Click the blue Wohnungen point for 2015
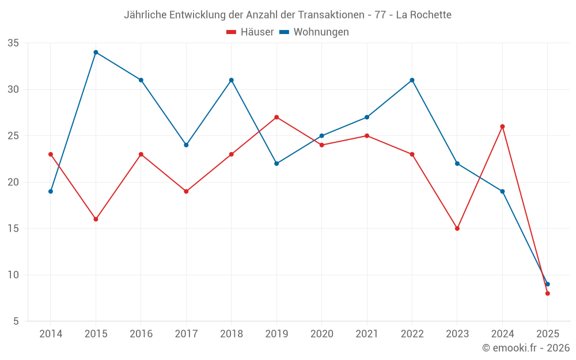pyautogui.click(x=96, y=52)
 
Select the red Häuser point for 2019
pyautogui.click(x=276, y=118)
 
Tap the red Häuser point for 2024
pyautogui.click(x=502, y=127)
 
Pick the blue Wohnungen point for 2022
pyautogui.click(x=412, y=80)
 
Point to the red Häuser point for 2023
pyautogui.click(x=457, y=229)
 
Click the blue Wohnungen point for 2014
pyautogui.click(x=51, y=191)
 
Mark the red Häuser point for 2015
pyautogui.click(x=96, y=219)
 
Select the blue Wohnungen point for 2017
pyautogui.click(x=186, y=145)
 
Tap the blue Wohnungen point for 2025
pyautogui.click(x=547, y=284)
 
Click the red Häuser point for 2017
pyautogui.click(x=186, y=191)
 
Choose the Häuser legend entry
pyautogui.click(x=250, y=32)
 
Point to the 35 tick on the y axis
pyautogui.click(x=13, y=43)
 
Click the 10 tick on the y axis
pyautogui.click(x=13, y=275)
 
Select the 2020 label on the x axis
pyautogui.click(x=321, y=334)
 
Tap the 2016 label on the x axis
pyautogui.click(x=141, y=334)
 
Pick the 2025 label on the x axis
pyautogui.click(x=547, y=334)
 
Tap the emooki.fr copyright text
pyautogui.click(x=526, y=348)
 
